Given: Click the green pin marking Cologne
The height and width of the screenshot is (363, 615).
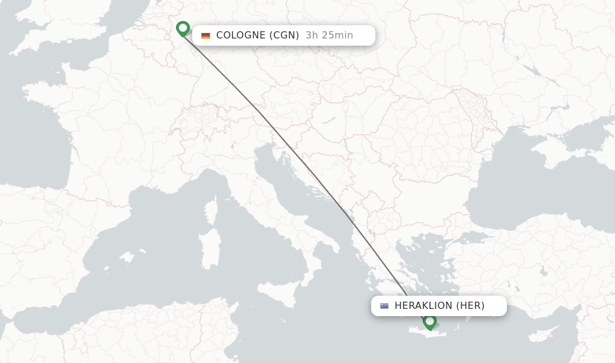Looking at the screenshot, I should point(183,28).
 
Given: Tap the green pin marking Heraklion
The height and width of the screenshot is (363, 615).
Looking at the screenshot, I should point(429,322).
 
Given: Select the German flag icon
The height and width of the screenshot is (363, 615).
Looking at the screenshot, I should point(205,35).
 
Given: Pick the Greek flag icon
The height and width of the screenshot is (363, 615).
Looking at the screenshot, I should point(384,306).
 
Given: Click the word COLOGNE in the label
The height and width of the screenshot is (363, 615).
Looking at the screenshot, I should point(240,35).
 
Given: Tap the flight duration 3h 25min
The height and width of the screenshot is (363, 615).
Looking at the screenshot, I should point(329,35).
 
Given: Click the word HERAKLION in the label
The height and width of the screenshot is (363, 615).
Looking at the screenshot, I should point(423,306).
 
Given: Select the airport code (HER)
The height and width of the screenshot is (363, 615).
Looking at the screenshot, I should point(470,306).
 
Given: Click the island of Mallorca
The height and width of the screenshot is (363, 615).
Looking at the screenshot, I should point(127,257).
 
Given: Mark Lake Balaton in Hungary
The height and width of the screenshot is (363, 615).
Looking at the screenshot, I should point(328,120).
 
